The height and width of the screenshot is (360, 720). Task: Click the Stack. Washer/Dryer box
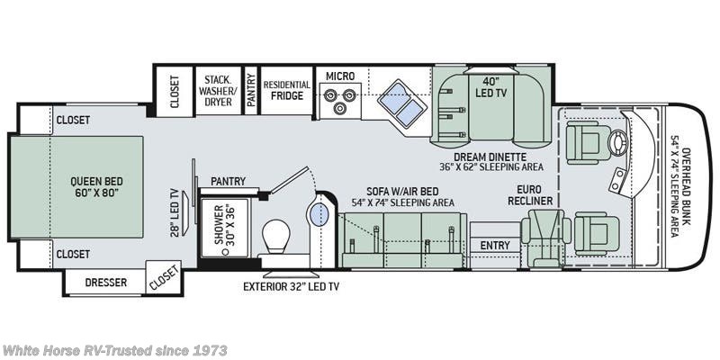pos(218,90)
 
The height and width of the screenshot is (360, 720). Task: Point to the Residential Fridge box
pos(286,90)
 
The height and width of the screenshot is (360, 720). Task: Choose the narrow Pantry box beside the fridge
pos(250,90)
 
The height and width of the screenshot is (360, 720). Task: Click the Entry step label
pos(495,245)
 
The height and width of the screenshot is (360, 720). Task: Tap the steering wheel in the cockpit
pos(617,141)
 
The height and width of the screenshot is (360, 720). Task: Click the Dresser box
pos(105,283)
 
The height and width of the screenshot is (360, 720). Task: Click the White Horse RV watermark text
pos(114,349)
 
